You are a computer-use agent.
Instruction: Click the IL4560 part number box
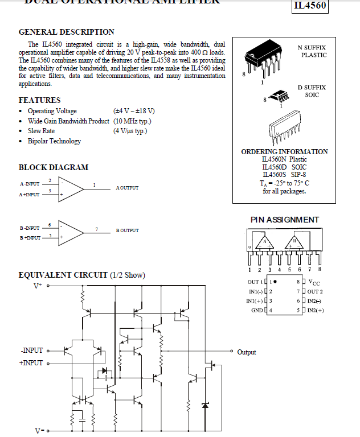click(310, 6)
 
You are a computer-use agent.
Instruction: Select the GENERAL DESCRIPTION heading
click(67, 32)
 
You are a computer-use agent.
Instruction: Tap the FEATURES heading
click(40, 100)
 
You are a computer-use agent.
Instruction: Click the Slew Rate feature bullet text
click(42, 131)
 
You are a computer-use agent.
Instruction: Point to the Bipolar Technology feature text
click(54, 141)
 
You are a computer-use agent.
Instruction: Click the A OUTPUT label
click(127, 188)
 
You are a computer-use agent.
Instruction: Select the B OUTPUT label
click(127, 230)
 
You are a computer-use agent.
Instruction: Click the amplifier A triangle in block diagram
click(70, 189)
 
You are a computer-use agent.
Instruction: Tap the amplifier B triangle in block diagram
click(70, 231)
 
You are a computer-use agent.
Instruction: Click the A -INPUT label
click(30, 184)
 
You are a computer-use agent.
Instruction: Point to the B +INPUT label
click(30, 238)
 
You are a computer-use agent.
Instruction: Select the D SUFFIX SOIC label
click(312, 91)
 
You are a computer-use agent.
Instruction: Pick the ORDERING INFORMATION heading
click(284, 152)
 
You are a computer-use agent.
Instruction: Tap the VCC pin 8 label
click(314, 282)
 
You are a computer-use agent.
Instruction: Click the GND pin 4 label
click(257, 310)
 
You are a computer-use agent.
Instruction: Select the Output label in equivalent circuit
click(247, 352)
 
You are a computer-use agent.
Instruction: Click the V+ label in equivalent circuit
click(38, 286)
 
